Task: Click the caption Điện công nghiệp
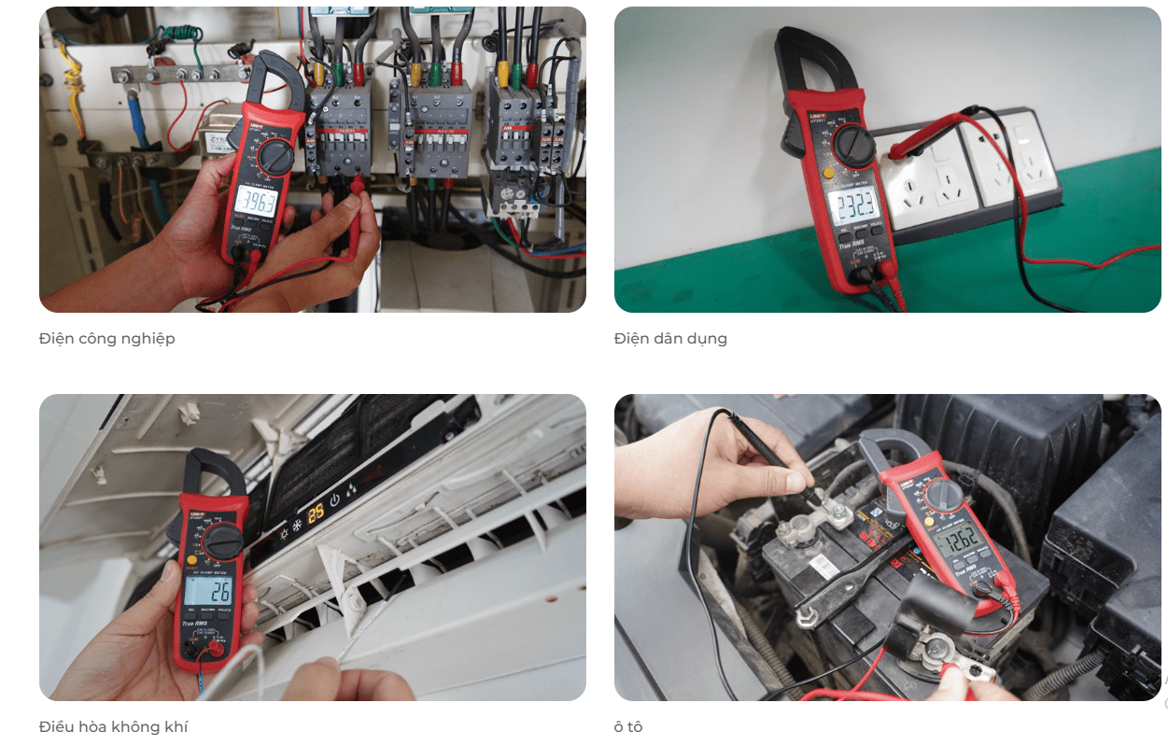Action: point(106,338)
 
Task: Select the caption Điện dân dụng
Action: point(670,338)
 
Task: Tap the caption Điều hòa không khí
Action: point(113,726)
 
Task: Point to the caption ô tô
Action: point(628,726)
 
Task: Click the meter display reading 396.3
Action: point(254,200)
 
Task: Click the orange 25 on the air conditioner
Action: point(317,511)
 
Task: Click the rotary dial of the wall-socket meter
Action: point(853,145)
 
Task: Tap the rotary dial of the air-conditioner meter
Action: point(223,541)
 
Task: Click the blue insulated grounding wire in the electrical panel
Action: point(142,121)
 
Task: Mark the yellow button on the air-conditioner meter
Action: point(191,560)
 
